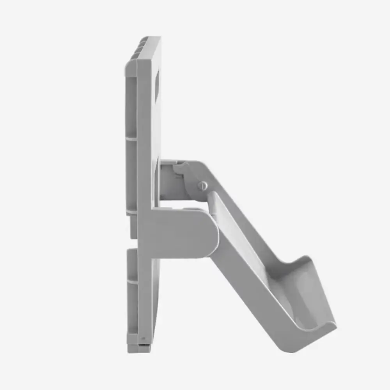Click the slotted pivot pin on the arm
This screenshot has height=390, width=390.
tap(202, 186)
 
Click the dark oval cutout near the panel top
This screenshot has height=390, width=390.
tap(157, 86)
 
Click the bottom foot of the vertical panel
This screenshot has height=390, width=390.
tap(138, 347)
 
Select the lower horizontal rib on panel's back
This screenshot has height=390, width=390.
tap(132, 280)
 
